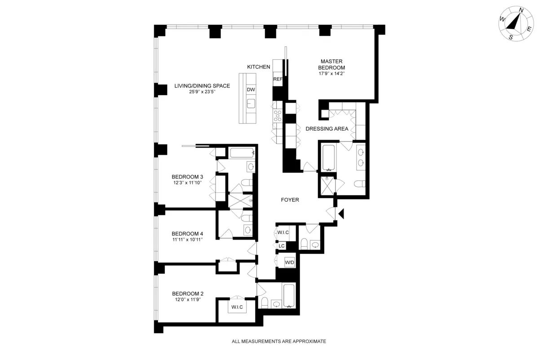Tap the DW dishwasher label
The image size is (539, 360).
(251, 89)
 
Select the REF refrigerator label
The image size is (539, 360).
(278, 79)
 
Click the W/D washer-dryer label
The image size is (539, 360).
(290, 262)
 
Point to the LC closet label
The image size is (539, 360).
(282, 246)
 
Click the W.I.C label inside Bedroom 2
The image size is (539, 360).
(237, 307)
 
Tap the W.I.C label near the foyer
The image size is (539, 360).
(283, 232)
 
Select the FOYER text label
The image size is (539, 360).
(290, 200)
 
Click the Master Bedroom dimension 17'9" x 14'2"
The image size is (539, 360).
(332, 74)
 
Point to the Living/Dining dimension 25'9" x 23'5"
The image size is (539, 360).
(202, 92)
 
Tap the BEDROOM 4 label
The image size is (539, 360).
(187, 234)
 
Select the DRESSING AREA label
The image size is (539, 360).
(327, 129)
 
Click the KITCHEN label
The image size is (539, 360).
(259, 67)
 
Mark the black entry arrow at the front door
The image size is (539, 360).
(341, 214)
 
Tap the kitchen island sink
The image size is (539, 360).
(251, 105)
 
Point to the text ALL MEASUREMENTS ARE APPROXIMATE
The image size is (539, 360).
(278, 342)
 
